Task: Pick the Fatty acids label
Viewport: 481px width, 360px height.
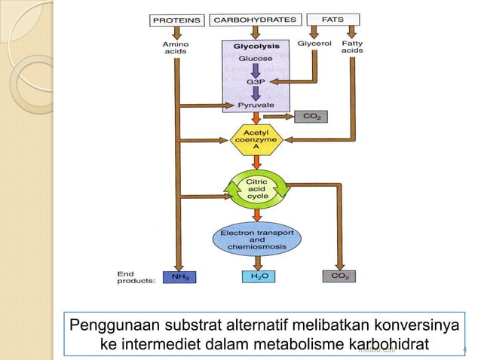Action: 352,47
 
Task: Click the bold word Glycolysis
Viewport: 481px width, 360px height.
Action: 256,46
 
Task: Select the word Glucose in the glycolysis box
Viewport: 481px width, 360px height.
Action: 256,59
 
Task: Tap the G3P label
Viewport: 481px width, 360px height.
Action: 256,81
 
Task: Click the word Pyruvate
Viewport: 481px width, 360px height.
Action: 256,105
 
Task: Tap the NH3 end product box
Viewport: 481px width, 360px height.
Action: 181,277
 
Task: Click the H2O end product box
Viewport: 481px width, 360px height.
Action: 258,277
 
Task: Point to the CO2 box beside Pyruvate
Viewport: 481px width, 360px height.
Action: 309,117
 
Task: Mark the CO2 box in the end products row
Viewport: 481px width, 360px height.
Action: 339,277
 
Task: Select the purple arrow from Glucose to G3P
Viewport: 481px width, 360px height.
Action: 256,69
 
